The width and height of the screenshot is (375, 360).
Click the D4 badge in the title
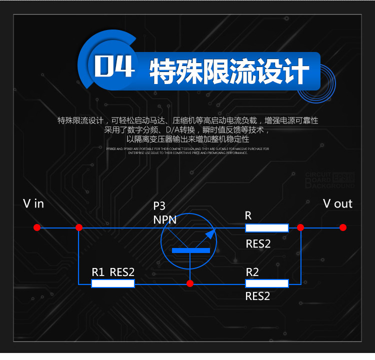click(x=114, y=67)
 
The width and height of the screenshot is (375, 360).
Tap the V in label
click(x=33, y=203)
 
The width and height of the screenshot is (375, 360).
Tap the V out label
click(x=337, y=203)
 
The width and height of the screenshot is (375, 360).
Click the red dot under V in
click(x=36, y=227)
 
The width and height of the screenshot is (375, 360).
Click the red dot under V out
click(x=342, y=227)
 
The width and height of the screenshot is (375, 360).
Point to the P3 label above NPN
click(x=159, y=206)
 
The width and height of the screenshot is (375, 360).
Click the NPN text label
click(x=164, y=219)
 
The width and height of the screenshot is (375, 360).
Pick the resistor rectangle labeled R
click(x=266, y=228)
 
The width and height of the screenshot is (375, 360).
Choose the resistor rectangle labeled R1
click(x=113, y=283)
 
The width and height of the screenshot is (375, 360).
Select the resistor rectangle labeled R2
click(x=266, y=283)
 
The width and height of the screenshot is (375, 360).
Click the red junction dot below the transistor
click(x=190, y=283)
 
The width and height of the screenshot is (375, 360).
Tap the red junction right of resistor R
click(x=300, y=227)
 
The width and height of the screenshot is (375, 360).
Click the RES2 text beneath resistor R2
click(x=258, y=296)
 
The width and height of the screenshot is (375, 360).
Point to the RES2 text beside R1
click(x=122, y=272)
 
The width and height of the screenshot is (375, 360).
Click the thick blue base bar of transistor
click(x=190, y=250)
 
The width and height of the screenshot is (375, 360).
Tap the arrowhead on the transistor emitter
click(x=210, y=233)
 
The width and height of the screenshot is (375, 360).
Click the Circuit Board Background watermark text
click(x=329, y=180)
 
